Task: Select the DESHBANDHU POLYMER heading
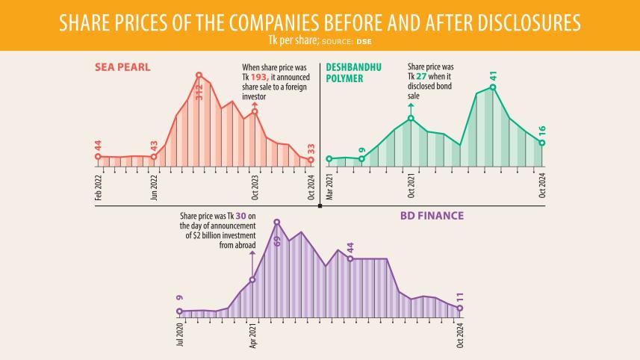coord(353,72)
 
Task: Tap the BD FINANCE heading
coord(431,215)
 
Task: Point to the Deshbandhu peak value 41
coord(493,76)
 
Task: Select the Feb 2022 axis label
coord(98,186)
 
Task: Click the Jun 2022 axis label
coord(155,186)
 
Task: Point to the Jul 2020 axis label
coord(180,335)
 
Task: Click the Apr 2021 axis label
coord(252,335)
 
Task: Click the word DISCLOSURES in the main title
coord(522,22)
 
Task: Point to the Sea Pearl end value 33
coord(311,148)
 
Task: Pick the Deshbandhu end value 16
coord(542,130)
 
